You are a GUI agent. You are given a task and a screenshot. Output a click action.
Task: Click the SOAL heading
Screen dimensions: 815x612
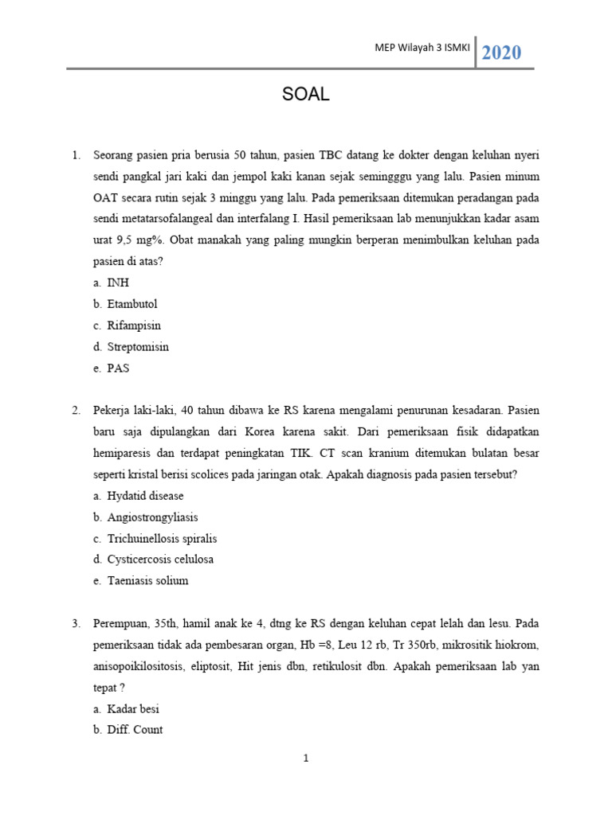click(305, 96)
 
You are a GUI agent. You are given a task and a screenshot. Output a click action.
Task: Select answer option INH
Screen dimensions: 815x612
click(118, 283)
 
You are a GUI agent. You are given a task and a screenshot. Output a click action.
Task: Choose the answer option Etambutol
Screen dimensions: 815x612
click(131, 304)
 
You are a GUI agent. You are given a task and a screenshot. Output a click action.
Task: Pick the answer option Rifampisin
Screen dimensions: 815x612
click(133, 326)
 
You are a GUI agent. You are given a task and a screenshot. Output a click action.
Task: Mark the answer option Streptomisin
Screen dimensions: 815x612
click(138, 347)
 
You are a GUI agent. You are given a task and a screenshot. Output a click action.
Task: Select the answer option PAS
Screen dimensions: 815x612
click(118, 369)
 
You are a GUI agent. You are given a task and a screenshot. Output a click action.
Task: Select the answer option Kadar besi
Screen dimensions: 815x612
click(138, 708)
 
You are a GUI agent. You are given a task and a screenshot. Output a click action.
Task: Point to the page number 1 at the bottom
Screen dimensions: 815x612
click(305, 758)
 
